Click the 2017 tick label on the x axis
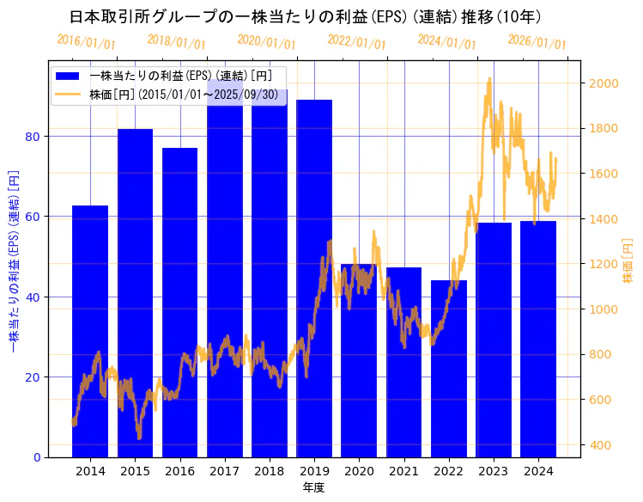[224, 471]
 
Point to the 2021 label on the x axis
[403, 471]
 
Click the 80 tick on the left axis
[32, 136]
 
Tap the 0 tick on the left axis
[35, 457]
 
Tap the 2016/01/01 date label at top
[86, 41]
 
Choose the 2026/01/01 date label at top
[537, 41]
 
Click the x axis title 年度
[314, 488]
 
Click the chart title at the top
[305, 16]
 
